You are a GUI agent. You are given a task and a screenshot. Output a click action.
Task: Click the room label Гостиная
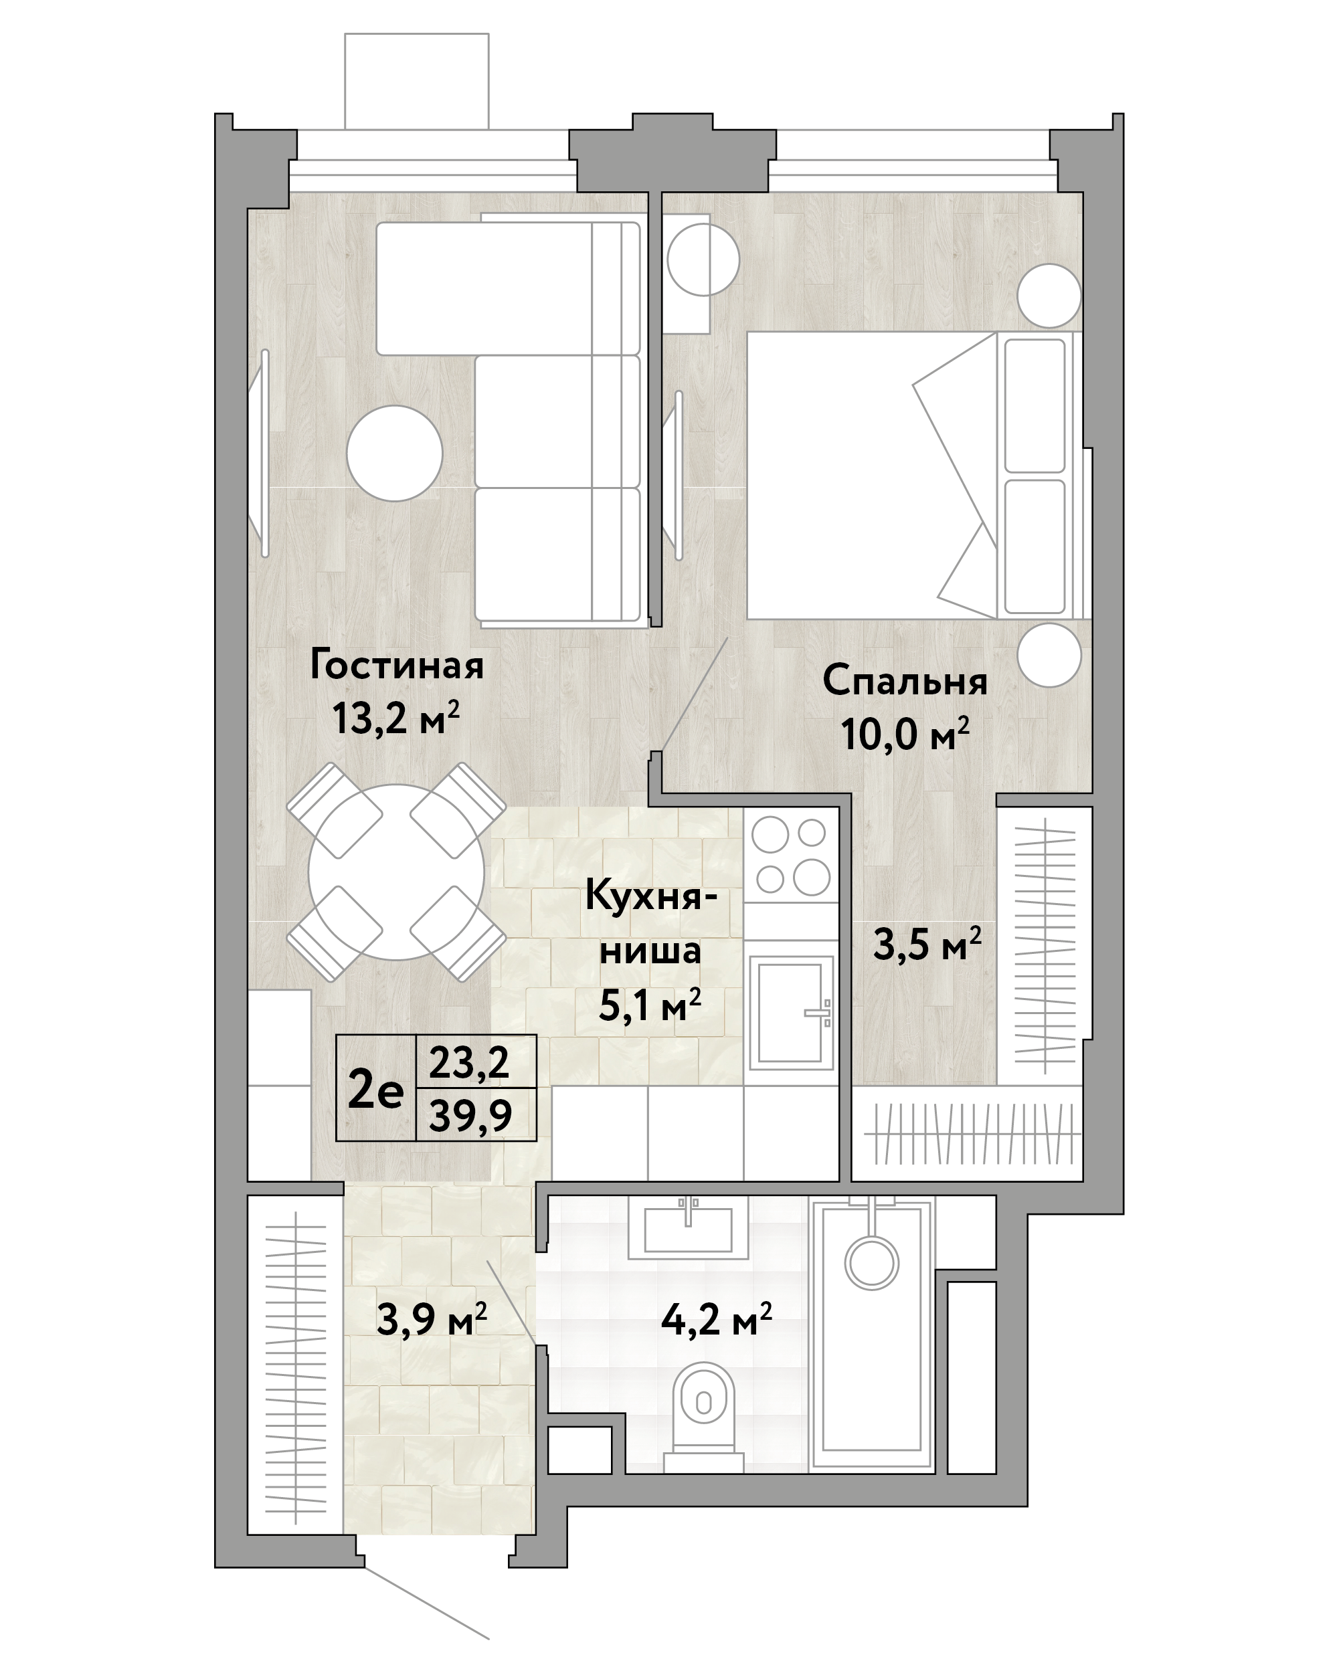pyautogui.click(x=397, y=666)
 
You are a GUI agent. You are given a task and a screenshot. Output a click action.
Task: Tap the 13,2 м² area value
pyautogui.click(x=396, y=718)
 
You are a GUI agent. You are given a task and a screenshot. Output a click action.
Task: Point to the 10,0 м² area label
pyautogui.click(x=905, y=734)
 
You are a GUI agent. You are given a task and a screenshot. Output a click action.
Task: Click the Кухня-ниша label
pyautogui.click(x=650, y=923)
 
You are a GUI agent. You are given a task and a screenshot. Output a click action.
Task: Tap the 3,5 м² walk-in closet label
pyautogui.click(x=927, y=945)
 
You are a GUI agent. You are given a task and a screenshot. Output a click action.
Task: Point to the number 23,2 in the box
pyautogui.click(x=470, y=1062)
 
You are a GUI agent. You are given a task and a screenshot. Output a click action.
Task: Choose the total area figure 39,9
pyautogui.click(x=471, y=1116)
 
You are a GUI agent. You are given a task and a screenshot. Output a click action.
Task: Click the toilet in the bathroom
pyautogui.click(x=704, y=1402)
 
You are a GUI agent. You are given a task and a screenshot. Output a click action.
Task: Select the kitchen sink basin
pyautogui.click(x=790, y=1012)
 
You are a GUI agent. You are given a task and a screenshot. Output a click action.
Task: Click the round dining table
pyautogui.click(x=396, y=872)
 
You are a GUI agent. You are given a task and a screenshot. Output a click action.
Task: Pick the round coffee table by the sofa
pyautogui.click(x=394, y=453)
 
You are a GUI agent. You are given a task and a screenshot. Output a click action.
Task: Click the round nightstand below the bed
pyautogui.click(x=1049, y=655)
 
